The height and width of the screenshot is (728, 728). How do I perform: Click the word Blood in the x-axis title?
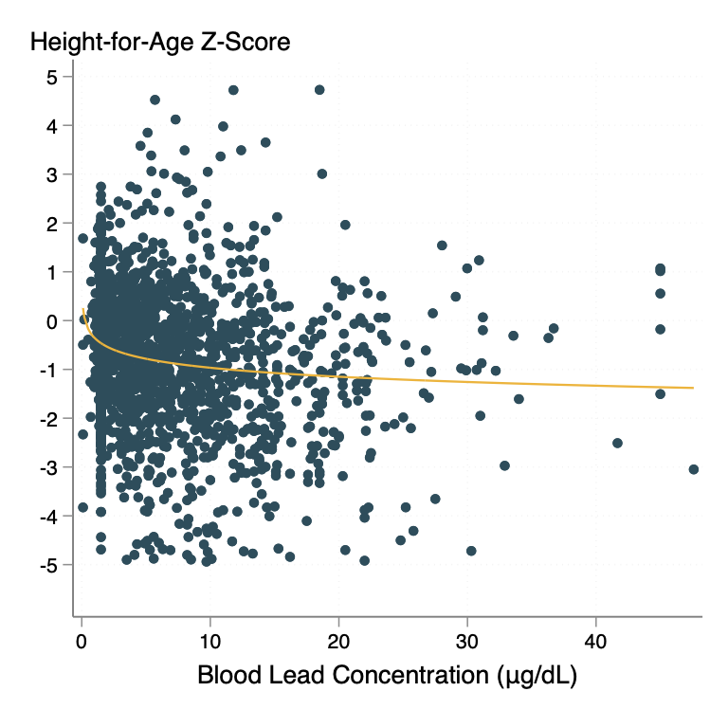(x=227, y=676)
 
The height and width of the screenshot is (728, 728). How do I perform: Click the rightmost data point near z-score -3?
(x=693, y=469)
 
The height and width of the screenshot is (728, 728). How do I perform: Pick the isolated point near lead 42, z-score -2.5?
(x=617, y=443)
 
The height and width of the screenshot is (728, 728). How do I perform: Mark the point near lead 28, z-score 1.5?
(x=442, y=246)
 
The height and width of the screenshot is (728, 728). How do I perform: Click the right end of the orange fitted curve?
(x=693, y=388)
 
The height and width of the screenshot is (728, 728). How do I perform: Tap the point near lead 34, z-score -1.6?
(x=519, y=399)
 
